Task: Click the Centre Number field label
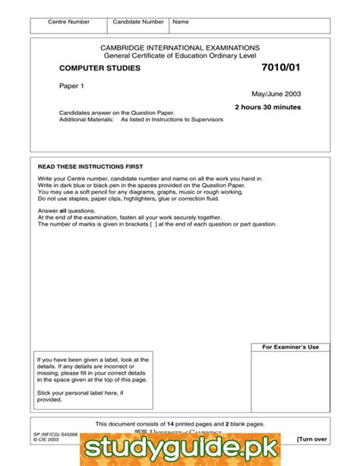click(x=68, y=22)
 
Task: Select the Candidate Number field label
click(x=138, y=22)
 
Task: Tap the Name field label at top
click(x=181, y=22)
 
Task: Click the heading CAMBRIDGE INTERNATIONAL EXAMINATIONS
click(x=180, y=47)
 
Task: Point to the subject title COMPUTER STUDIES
click(x=99, y=68)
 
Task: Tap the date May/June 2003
click(x=276, y=94)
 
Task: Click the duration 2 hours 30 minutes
click(x=267, y=107)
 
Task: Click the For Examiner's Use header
click(x=291, y=347)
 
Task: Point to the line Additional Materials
click(x=141, y=119)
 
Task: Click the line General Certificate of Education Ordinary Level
click(x=180, y=55)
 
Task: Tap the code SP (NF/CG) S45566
click(x=57, y=433)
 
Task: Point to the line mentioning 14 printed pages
click(x=180, y=423)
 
